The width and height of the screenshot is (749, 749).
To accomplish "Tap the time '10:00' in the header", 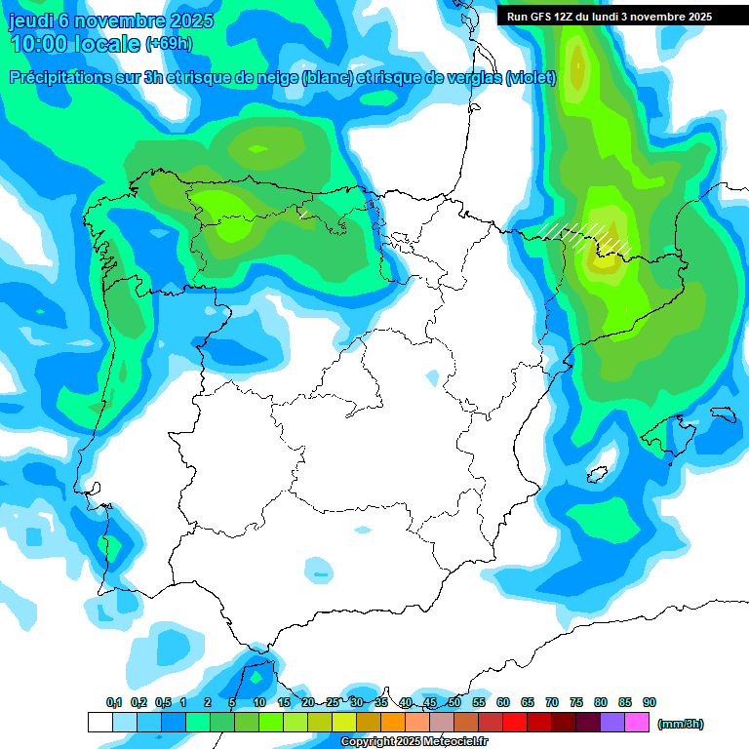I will [x=44, y=44].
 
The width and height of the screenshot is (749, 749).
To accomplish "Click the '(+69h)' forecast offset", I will [x=169, y=44].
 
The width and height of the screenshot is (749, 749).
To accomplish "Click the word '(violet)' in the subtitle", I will [x=531, y=78].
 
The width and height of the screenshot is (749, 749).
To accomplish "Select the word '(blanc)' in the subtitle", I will [x=327, y=78].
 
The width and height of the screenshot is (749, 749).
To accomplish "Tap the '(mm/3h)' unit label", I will [x=680, y=724].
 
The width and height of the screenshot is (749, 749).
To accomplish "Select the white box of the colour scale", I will [x=99, y=723].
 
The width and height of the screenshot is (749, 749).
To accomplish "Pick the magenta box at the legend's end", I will [x=637, y=723].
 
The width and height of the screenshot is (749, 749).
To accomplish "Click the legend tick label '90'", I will [x=650, y=702].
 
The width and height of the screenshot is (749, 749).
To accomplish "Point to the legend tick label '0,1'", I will [x=114, y=702].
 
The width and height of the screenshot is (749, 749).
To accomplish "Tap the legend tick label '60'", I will [x=503, y=702].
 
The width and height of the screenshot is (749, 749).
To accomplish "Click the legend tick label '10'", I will [x=259, y=702].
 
